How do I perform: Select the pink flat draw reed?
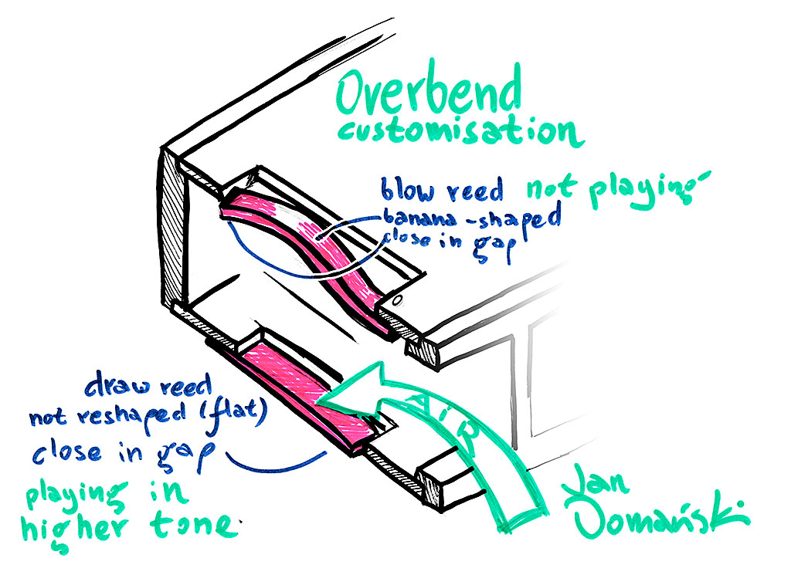pyautogui.click(x=301, y=394)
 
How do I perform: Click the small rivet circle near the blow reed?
pyautogui.click(x=396, y=299)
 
